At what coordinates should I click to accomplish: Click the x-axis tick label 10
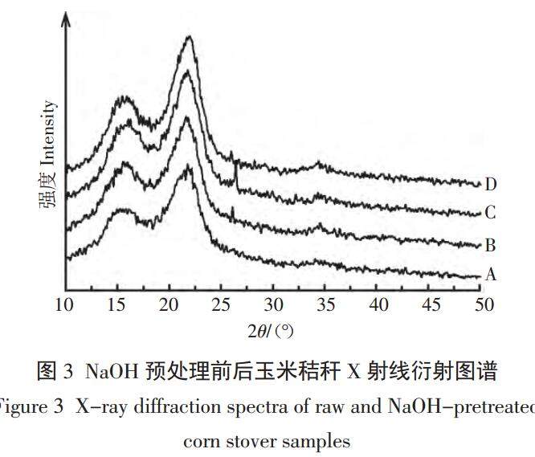[x=64, y=306]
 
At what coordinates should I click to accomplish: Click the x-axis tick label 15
[x=117, y=306]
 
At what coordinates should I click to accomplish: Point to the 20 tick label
[x=169, y=306]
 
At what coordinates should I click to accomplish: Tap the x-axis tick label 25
[x=222, y=306]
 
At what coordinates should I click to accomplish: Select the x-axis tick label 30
[x=274, y=306]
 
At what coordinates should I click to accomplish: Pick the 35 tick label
[x=326, y=306]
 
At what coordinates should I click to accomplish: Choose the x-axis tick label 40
[x=378, y=306]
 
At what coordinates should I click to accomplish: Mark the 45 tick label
[x=431, y=306]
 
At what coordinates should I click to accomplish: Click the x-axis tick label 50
[x=483, y=306]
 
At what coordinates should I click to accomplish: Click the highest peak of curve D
[x=190, y=37]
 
